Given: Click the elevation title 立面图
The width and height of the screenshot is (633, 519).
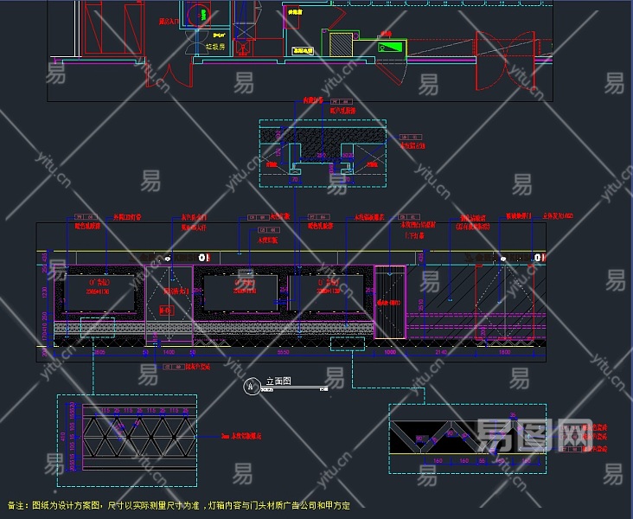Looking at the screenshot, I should [x=278, y=381].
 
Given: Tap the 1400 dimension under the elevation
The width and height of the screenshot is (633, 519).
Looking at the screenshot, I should [x=169, y=354].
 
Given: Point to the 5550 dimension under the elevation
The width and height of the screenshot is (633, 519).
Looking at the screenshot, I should [x=283, y=354].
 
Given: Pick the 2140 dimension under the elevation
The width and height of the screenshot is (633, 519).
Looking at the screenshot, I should [x=440, y=354].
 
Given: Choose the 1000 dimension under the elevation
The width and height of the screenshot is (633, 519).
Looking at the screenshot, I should [x=389, y=354].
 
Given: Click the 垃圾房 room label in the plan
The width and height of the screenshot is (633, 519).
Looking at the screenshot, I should [x=215, y=47].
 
